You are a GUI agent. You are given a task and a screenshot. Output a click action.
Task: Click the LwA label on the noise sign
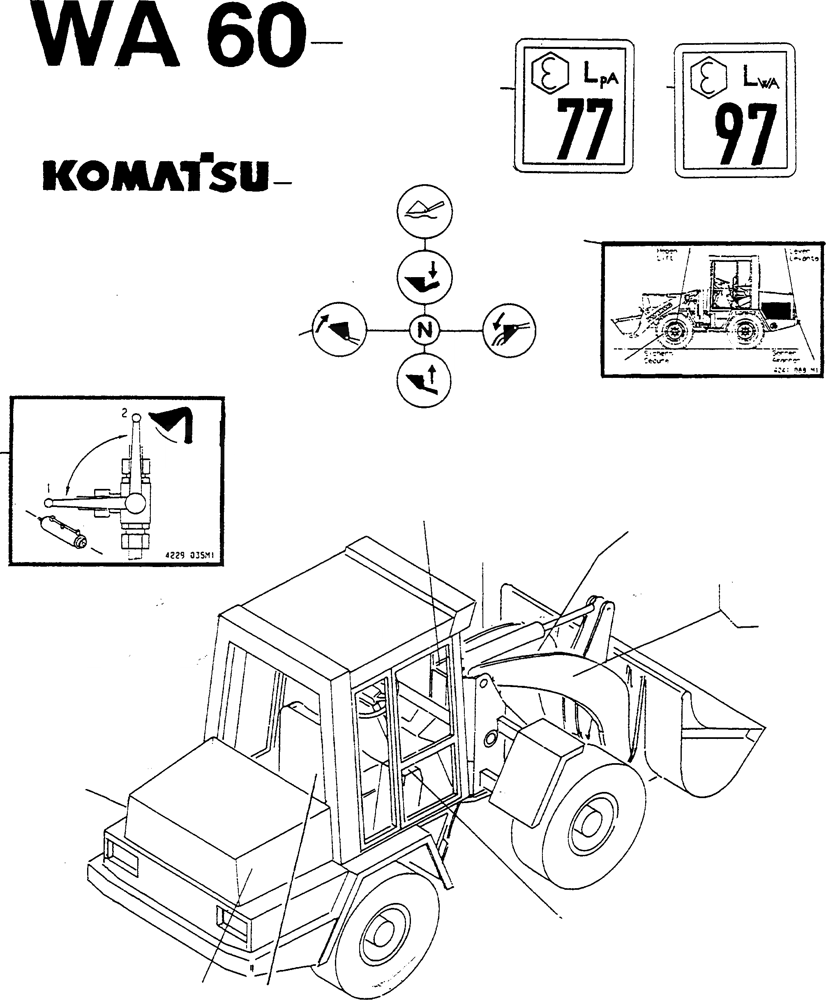pyautogui.click(x=761, y=78)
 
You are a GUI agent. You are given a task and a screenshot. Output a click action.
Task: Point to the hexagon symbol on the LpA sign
pyautogui.click(x=549, y=74)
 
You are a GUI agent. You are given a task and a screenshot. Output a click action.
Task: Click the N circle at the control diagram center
pyautogui.click(x=425, y=330)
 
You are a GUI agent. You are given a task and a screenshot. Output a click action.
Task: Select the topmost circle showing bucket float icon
pyautogui.click(x=425, y=212)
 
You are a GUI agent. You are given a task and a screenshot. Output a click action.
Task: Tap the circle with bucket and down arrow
pyautogui.click(x=425, y=278)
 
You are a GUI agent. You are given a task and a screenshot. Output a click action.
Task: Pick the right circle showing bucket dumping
pyautogui.click(x=509, y=329)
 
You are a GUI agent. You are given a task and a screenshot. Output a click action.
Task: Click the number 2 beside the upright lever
pyautogui.click(x=125, y=413)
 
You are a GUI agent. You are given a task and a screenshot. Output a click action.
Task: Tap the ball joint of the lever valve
pyautogui.click(x=135, y=502)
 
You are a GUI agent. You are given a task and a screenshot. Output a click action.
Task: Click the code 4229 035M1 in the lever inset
pyautogui.click(x=189, y=555)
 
